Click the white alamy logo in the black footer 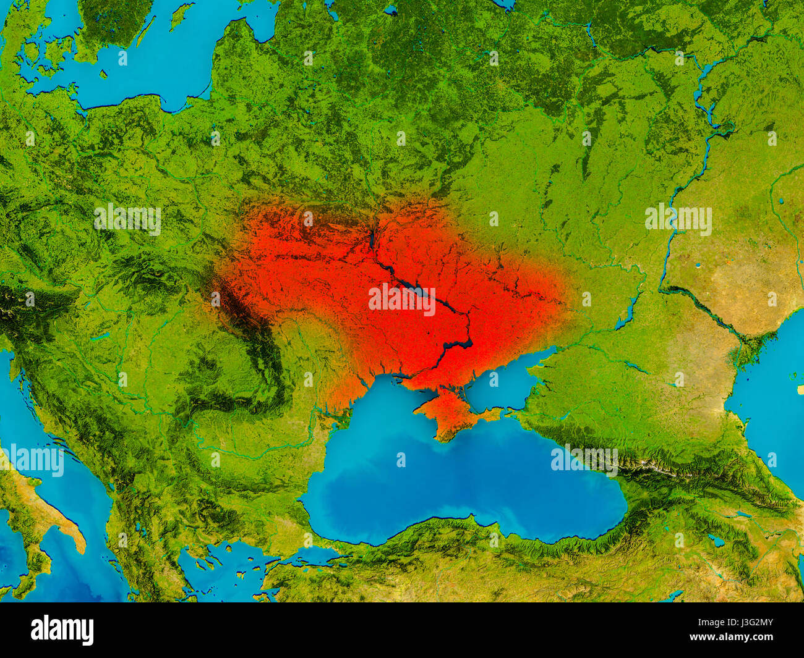tap(62, 630)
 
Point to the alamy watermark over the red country tap(402, 298)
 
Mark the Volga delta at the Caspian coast tap(751, 349)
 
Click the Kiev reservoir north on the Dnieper tap(372, 235)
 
